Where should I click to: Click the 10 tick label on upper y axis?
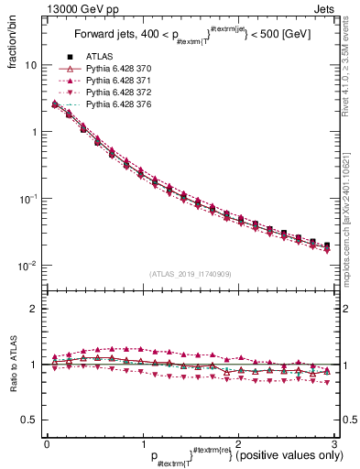30,66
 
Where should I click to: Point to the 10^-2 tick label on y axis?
27,266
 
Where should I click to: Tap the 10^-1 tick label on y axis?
27,199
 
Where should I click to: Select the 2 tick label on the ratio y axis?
34,309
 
